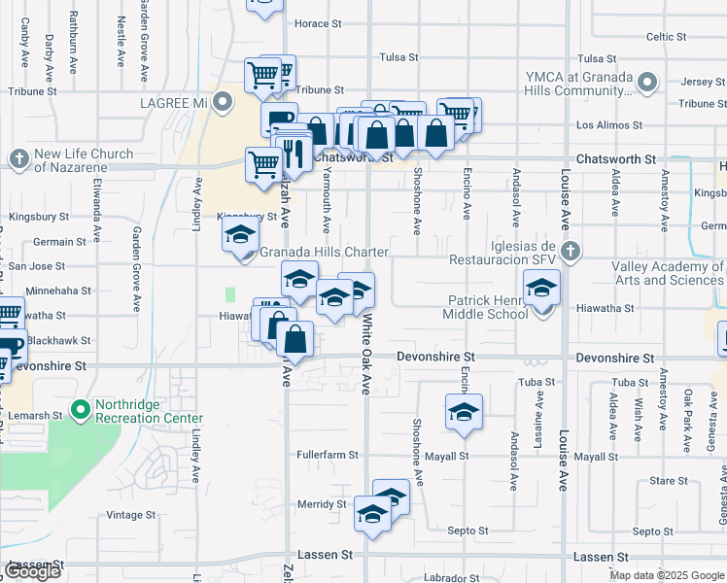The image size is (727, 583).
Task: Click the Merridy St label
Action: pos(322,504)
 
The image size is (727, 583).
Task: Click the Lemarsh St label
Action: pos(35,415)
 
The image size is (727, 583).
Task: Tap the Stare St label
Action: pos(669,481)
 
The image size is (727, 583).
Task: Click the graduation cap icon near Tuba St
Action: pos(465,411)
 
